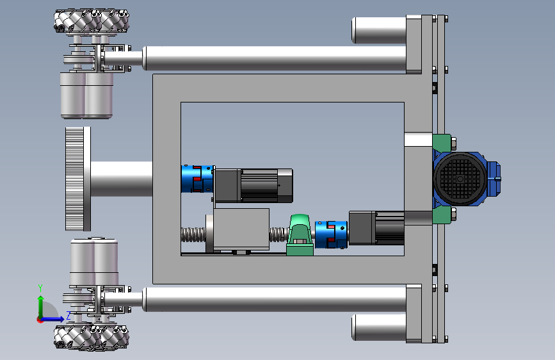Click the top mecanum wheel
pos(92,21)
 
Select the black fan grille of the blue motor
pos(460,179)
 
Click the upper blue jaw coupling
pos(197,179)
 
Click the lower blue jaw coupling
pos(331,234)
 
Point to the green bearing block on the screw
pos(300,235)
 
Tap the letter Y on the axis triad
pos(40,288)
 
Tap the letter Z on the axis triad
pos(68,315)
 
